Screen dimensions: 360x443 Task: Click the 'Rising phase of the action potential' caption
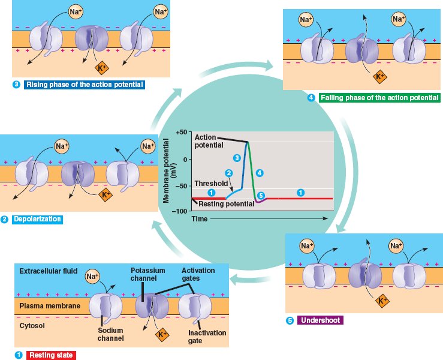coord(85,85)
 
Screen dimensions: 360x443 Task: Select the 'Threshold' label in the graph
coord(211,183)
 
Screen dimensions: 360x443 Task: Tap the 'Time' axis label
coord(200,219)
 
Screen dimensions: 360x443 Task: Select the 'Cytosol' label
coord(33,326)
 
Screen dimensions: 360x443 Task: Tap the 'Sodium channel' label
coord(111,334)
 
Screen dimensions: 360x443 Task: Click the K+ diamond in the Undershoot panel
coord(381,299)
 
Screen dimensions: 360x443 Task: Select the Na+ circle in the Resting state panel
coord(92,276)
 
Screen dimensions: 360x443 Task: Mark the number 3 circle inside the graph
coord(237,158)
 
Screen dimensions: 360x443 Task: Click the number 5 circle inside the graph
coord(260,196)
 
